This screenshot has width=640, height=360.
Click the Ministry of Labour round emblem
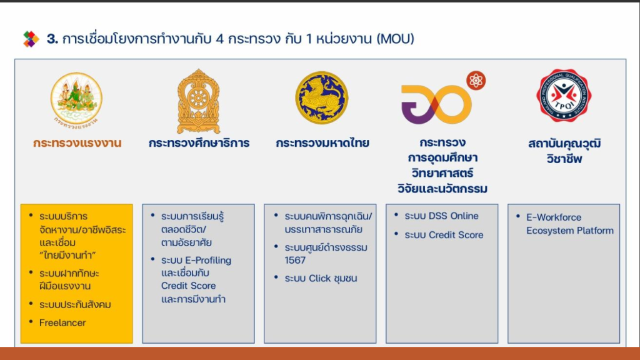coord(76,99)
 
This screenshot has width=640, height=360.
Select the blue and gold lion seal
coord(322,97)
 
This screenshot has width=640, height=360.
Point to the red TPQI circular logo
coord(564,96)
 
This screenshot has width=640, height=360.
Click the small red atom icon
coord(476,81)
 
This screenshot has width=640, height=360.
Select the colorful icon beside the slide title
coord(31,39)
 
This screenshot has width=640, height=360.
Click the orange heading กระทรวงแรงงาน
coord(77,143)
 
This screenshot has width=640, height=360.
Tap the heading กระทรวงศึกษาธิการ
coord(199,143)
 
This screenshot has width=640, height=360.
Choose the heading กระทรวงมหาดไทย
coord(322,143)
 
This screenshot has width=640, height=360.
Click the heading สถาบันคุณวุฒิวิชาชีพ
coord(564,151)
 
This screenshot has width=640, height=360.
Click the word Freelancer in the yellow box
coord(62,322)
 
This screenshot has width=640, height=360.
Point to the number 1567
coord(295,260)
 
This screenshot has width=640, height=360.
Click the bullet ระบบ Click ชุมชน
coord(321,278)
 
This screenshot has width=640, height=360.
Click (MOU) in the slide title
coord(396,39)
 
